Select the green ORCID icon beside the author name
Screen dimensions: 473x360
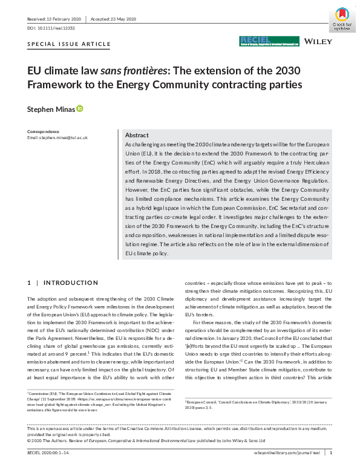click(79, 109)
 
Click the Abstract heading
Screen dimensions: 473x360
click(137, 135)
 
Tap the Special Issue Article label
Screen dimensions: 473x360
click(70, 44)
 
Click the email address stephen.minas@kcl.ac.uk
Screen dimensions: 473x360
click(57, 138)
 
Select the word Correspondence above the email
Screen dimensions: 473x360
click(44, 131)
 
